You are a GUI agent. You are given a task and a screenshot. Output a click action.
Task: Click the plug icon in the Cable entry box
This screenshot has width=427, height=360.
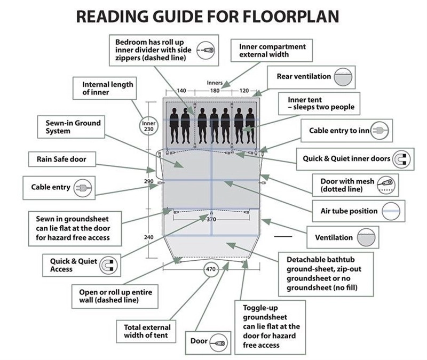click(83, 187)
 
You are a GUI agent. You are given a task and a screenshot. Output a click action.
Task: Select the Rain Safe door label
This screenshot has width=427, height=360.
click(61, 158)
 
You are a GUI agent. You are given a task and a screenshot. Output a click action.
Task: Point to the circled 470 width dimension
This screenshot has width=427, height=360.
click(210, 269)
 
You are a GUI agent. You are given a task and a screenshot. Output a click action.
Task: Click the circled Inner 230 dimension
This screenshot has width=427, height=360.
click(149, 126)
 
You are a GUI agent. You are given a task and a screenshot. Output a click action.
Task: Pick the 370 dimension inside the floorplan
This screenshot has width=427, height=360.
click(211, 219)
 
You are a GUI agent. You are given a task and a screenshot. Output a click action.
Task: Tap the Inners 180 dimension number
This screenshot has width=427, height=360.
click(215, 91)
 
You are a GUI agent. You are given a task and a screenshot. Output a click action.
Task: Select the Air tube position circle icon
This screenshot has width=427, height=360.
click(391, 211)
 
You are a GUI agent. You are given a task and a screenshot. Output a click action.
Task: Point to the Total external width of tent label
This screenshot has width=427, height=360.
click(147, 331)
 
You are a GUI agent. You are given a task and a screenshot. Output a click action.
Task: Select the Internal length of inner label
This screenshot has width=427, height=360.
click(107, 88)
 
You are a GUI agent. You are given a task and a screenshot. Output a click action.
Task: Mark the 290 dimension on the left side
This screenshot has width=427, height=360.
click(149, 182)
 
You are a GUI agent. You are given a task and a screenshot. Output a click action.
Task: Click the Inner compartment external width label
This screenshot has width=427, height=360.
click(272, 50)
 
